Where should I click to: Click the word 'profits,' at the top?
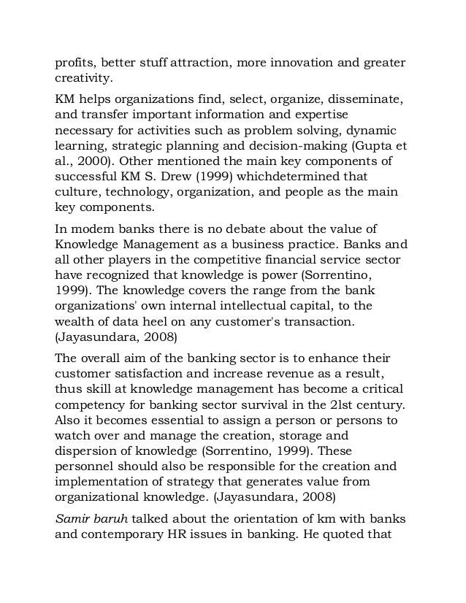coord(76,61)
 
